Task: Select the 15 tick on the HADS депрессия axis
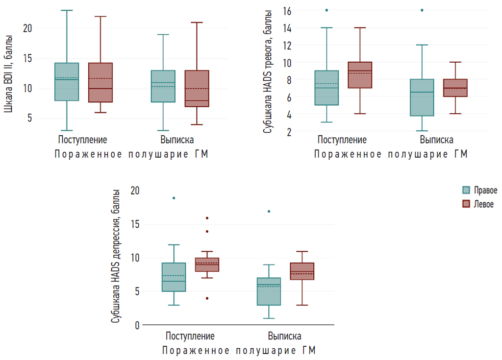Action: [x=135, y=224]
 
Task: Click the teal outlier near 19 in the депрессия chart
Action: [x=174, y=198]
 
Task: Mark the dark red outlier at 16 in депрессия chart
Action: [x=207, y=218]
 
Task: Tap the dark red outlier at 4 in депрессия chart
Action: [x=207, y=298]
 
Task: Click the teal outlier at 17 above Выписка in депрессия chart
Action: [x=269, y=212]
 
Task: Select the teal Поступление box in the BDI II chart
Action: [x=67, y=82]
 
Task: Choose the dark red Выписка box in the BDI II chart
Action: [x=197, y=89]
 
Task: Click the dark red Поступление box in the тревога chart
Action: [x=360, y=75]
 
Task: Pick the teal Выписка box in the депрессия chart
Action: [x=269, y=291]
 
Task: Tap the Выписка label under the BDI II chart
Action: [x=177, y=140]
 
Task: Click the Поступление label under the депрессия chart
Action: [x=190, y=336]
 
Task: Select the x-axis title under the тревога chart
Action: [x=391, y=154]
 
